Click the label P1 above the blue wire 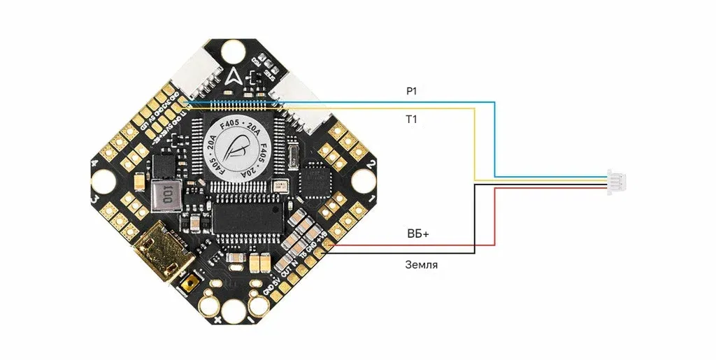pyautogui.click(x=411, y=92)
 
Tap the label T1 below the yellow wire pyautogui.click(x=411, y=120)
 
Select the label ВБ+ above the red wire pyautogui.click(x=417, y=235)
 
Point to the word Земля pyautogui.click(x=422, y=266)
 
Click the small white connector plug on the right pyautogui.click(x=617, y=180)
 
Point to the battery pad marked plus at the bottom pyautogui.click(x=210, y=305)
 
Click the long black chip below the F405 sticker pyautogui.click(x=248, y=216)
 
